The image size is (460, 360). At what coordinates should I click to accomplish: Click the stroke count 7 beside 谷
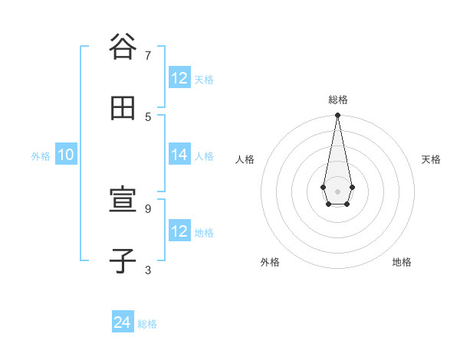tap(148, 55)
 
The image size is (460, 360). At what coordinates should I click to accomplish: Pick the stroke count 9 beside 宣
tap(148, 208)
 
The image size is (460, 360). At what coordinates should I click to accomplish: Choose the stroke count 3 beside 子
tap(148, 270)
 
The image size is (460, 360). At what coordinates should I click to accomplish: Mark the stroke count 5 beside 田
tap(148, 116)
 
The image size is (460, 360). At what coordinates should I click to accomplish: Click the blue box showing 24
tap(123, 323)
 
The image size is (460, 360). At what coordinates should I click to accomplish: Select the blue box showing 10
tap(65, 155)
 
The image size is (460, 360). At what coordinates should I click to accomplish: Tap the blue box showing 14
tap(179, 155)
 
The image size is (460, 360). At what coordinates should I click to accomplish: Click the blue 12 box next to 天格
tap(179, 78)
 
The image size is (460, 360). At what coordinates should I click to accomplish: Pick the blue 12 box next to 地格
tap(179, 231)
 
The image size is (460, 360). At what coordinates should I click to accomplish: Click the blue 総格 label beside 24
tap(147, 324)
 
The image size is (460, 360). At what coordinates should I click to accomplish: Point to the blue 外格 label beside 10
tap(41, 155)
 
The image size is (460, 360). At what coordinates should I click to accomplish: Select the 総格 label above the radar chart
tap(338, 100)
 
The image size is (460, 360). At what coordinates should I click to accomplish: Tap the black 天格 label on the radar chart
tap(431, 159)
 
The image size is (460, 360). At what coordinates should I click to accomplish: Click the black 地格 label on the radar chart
tap(402, 263)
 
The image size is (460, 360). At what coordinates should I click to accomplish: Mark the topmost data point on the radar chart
tap(337, 116)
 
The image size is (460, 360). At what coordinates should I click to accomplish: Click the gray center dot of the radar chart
tap(337, 191)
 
